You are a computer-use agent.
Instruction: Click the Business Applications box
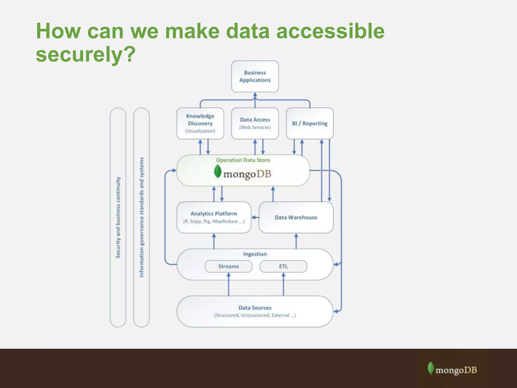click(255, 76)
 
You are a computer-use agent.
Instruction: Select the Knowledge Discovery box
click(200, 123)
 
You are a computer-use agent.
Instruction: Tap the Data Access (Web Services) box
click(255, 123)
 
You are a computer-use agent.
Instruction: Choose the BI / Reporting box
click(309, 123)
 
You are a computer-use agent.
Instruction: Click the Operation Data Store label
click(243, 160)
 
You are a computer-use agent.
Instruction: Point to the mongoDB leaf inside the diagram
click(217, 172)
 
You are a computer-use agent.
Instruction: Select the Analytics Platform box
click(214, 217)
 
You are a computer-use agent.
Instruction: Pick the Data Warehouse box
click(296, 217)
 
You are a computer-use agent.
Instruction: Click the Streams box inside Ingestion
click(228, 266)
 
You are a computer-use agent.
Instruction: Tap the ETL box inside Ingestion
click(283, 266)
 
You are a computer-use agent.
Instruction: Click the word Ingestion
click(255, 254)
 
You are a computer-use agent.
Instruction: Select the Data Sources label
click(255, 308)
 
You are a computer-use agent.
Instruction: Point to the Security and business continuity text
click(118, 217)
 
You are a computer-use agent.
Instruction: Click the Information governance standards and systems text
click(141, 217)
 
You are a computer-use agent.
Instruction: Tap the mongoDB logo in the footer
click(452, 369)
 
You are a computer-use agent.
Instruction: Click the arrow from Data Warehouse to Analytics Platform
click(255, 217)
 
